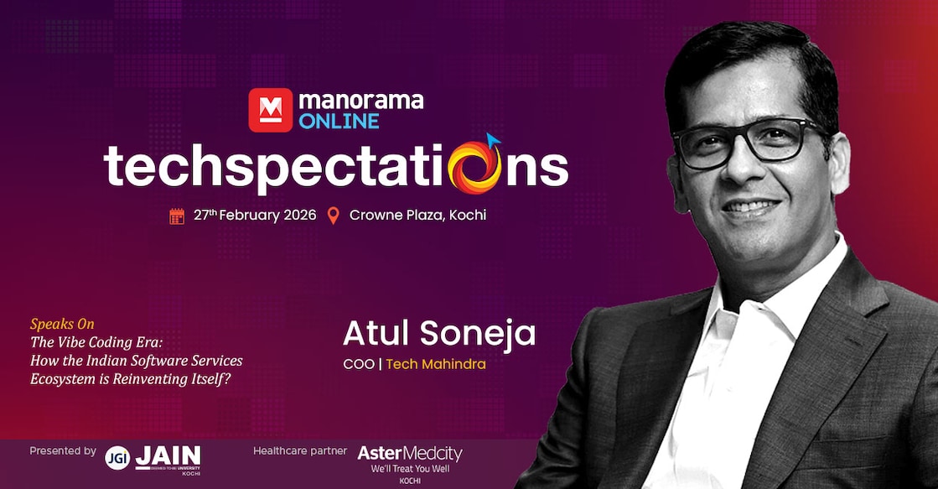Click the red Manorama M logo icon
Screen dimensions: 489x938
270,110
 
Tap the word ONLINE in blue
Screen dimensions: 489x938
339,121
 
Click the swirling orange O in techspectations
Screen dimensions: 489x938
475,165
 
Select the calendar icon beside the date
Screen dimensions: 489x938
177,216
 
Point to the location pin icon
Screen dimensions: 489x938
334,216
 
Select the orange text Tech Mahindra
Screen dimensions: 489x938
436,364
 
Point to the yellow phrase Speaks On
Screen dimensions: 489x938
62,324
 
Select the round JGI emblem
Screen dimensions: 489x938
117,457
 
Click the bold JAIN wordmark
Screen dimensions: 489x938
168,455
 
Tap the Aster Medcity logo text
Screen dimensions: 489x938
410,454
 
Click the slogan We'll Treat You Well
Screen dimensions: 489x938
411,469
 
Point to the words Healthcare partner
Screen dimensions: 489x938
300,451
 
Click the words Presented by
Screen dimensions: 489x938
63,451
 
